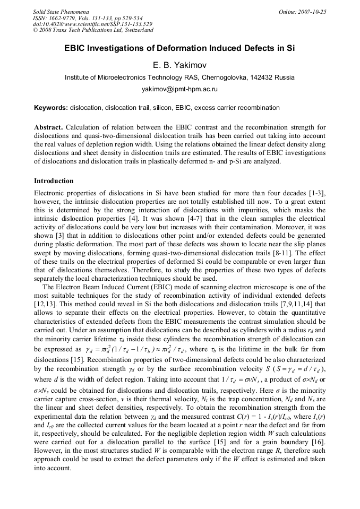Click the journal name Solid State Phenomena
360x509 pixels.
click(61, 11)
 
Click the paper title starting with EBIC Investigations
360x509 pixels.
click(179, 48)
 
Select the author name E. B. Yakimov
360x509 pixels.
click(179, 65)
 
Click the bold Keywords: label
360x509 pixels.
click(51, 108)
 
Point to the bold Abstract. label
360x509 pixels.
click(48, 128)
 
